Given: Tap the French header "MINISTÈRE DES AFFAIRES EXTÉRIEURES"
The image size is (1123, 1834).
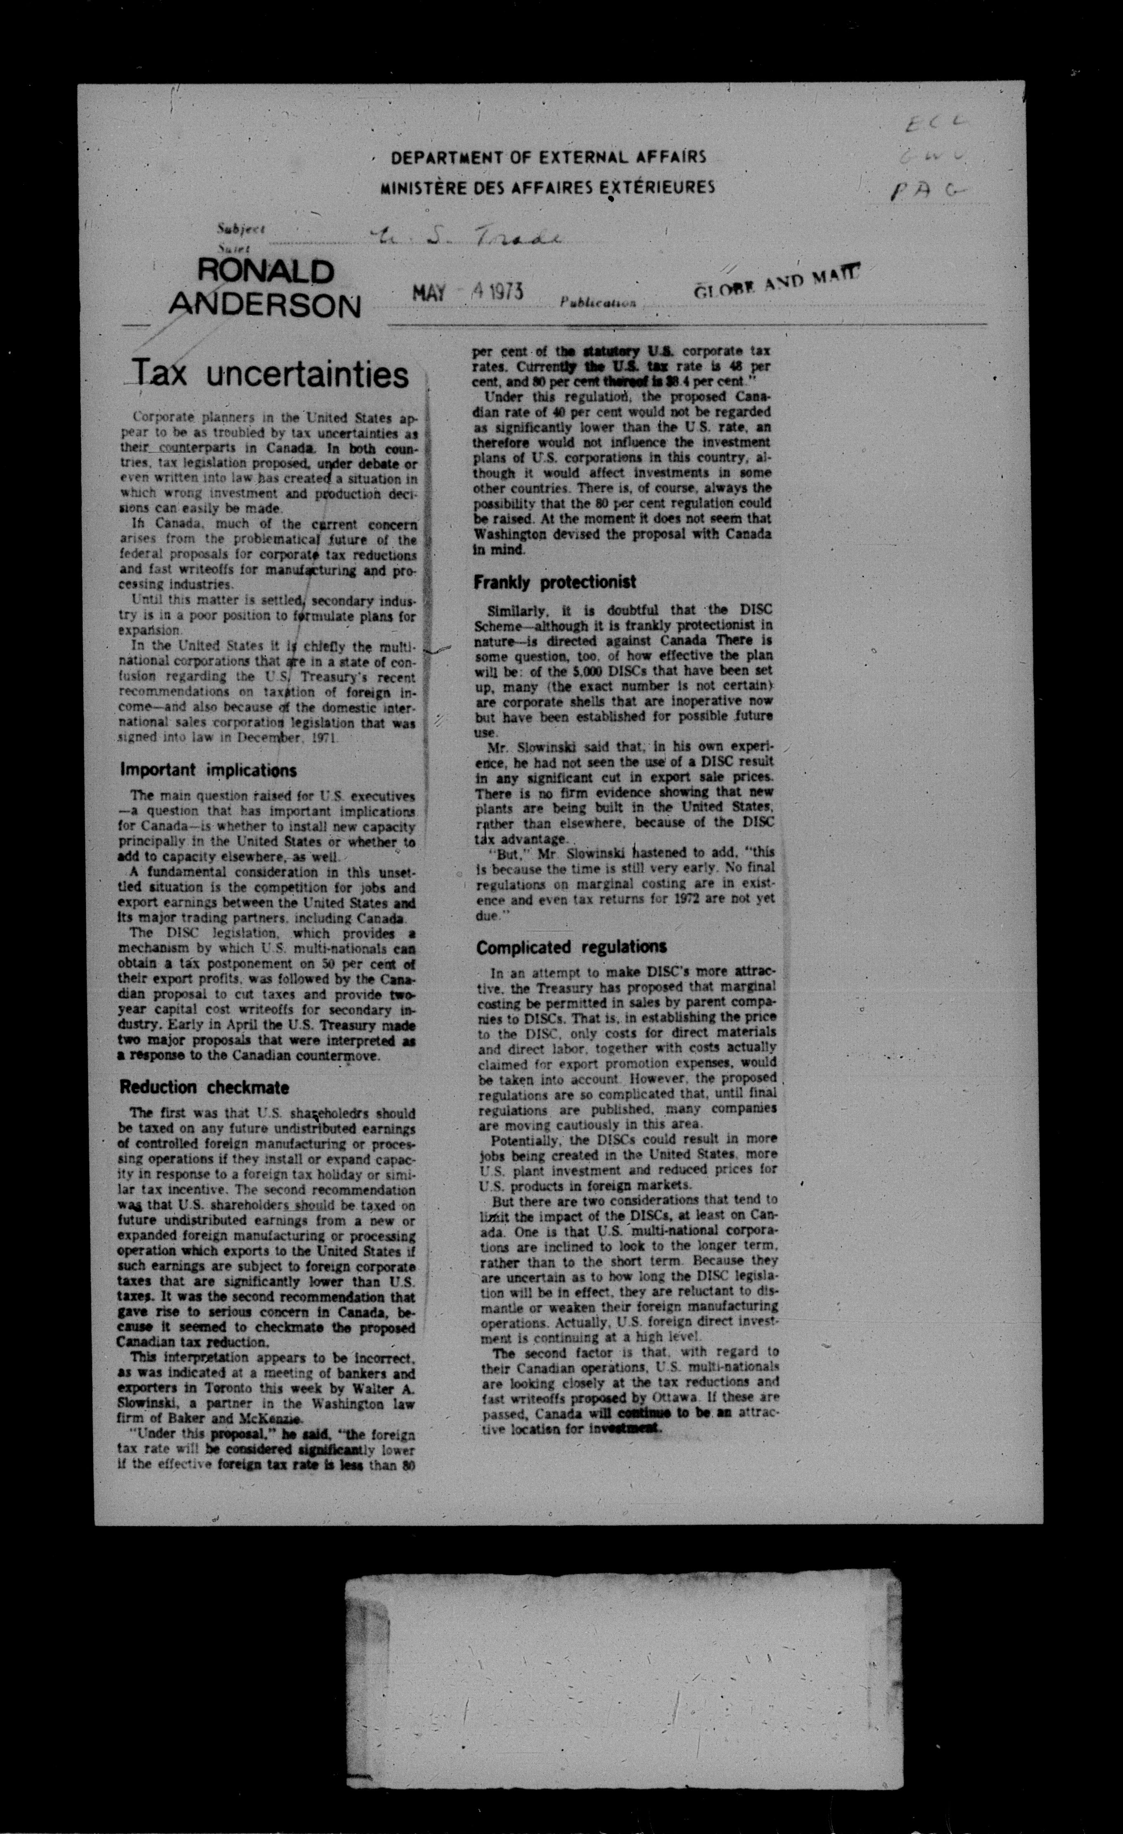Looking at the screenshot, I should tap(548, 187).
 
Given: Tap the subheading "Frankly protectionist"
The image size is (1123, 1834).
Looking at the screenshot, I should tap(554, 582).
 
